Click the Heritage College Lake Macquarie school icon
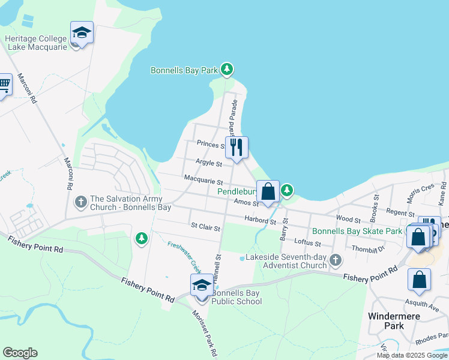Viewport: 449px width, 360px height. tap(81, 34)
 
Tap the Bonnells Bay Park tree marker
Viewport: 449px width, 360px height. tap(226, 70)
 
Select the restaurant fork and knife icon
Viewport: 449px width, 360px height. tap(237, 146)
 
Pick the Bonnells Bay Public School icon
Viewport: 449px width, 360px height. tap(201, 285)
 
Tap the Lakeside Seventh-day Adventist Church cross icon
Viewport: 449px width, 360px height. tap(335, 260)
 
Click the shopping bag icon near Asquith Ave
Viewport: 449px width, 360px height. tap(419, 280)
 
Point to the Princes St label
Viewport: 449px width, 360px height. tap(210, 144)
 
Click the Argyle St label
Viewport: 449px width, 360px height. tap(209, 163)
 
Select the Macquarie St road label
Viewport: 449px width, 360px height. tap(203, 180)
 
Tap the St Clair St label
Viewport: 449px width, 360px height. tap(206, 228)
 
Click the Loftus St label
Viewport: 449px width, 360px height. tap(309, 244)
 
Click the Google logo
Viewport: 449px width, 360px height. tap(20, 353)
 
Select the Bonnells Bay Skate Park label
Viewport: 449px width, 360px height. tap(357, 231)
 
